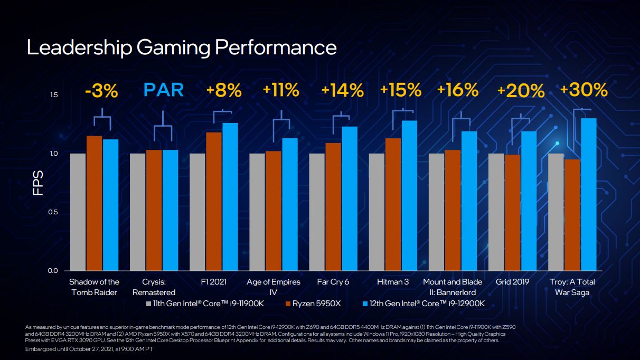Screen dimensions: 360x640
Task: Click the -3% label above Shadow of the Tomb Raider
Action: pos(101,91)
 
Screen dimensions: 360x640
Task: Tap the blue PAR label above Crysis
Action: pos(164,90)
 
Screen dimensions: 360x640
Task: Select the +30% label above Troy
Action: pos(583,90)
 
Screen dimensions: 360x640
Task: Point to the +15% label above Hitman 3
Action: pos(400,90)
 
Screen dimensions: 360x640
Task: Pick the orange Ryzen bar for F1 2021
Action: pos(214,201)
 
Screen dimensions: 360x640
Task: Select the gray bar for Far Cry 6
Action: pos(317,212)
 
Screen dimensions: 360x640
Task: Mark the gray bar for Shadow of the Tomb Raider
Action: pos(78,212)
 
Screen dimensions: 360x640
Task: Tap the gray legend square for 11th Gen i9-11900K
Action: pos(148,304)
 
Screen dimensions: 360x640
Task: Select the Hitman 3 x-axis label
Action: pos(392,282)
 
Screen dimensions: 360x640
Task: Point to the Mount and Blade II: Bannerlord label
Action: pos(453,287)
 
